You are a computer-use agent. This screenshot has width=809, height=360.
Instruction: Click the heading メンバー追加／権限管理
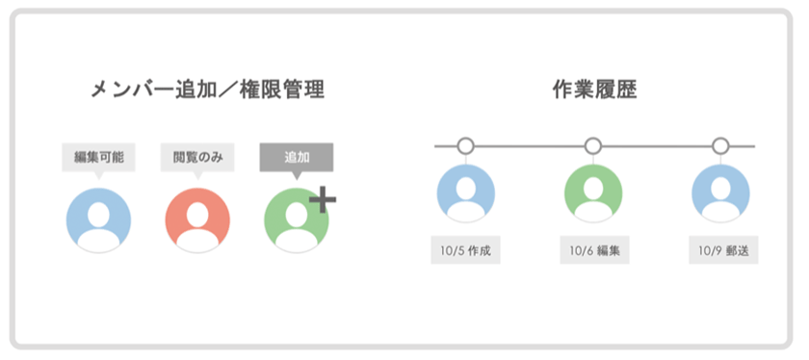click(x=206, y=90)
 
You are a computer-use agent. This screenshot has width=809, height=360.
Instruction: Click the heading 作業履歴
click(x=594, y=90)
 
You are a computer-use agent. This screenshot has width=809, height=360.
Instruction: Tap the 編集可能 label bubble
click(x=98, y=157)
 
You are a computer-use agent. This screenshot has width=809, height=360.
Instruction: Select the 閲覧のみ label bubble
click(x=197, y=157)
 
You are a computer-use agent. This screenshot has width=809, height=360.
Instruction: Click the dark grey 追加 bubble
click(x=297, y=157)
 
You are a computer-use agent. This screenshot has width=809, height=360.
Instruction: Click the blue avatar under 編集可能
click(x=98, y=220)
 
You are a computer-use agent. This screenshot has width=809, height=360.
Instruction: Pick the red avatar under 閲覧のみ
click(x=197, y=220)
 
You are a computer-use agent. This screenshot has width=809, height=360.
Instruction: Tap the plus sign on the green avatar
click(x=323, y=199)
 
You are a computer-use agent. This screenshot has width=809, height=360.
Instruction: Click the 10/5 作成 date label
click(x=465, y=252)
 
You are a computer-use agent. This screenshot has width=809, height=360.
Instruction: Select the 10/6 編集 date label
click(x=594, y=252)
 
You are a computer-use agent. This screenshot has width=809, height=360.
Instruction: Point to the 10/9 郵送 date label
click(x=723, y=252)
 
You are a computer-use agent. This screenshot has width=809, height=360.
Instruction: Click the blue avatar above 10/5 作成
click(x=465, y=194)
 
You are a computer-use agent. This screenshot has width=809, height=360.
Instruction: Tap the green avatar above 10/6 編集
click(x=593, y=194)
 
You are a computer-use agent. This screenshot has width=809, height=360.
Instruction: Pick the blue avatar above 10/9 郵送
click(x=721, y=194)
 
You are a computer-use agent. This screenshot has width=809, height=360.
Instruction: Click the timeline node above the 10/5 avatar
click(x=465, y=146)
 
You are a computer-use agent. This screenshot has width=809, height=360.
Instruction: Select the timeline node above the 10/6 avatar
click(x=593, y=146)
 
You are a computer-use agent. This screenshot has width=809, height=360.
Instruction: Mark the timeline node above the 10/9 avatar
click(x=720, y=146)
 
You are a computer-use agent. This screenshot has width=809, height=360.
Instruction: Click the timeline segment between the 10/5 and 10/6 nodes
click(x=530, y=146)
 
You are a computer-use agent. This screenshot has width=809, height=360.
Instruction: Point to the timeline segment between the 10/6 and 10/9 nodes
click(x=657, y=146)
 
